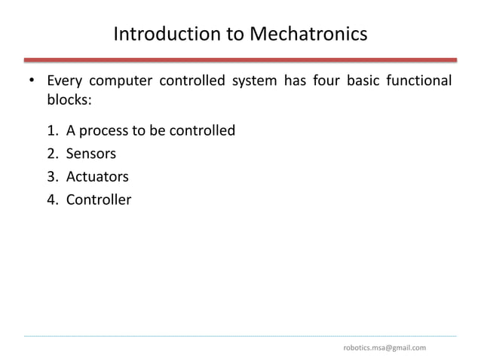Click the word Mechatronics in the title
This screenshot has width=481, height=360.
click(309, 35)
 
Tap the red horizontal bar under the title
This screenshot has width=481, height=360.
click(240, 59)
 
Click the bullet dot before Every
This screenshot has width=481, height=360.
click(31, 82)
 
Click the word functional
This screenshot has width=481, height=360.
click(418, 81)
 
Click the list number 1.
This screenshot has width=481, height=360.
click(51, 131)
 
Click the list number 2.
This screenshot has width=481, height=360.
click(51, 154)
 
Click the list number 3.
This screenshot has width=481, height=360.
click(51, 177)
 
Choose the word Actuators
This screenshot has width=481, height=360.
click(97, 177)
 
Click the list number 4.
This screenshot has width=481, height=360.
click(51, 200)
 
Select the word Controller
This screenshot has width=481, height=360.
click(99, 200)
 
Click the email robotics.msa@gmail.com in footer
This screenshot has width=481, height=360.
click(384, 347)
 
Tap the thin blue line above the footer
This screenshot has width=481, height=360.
click(240, 335)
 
